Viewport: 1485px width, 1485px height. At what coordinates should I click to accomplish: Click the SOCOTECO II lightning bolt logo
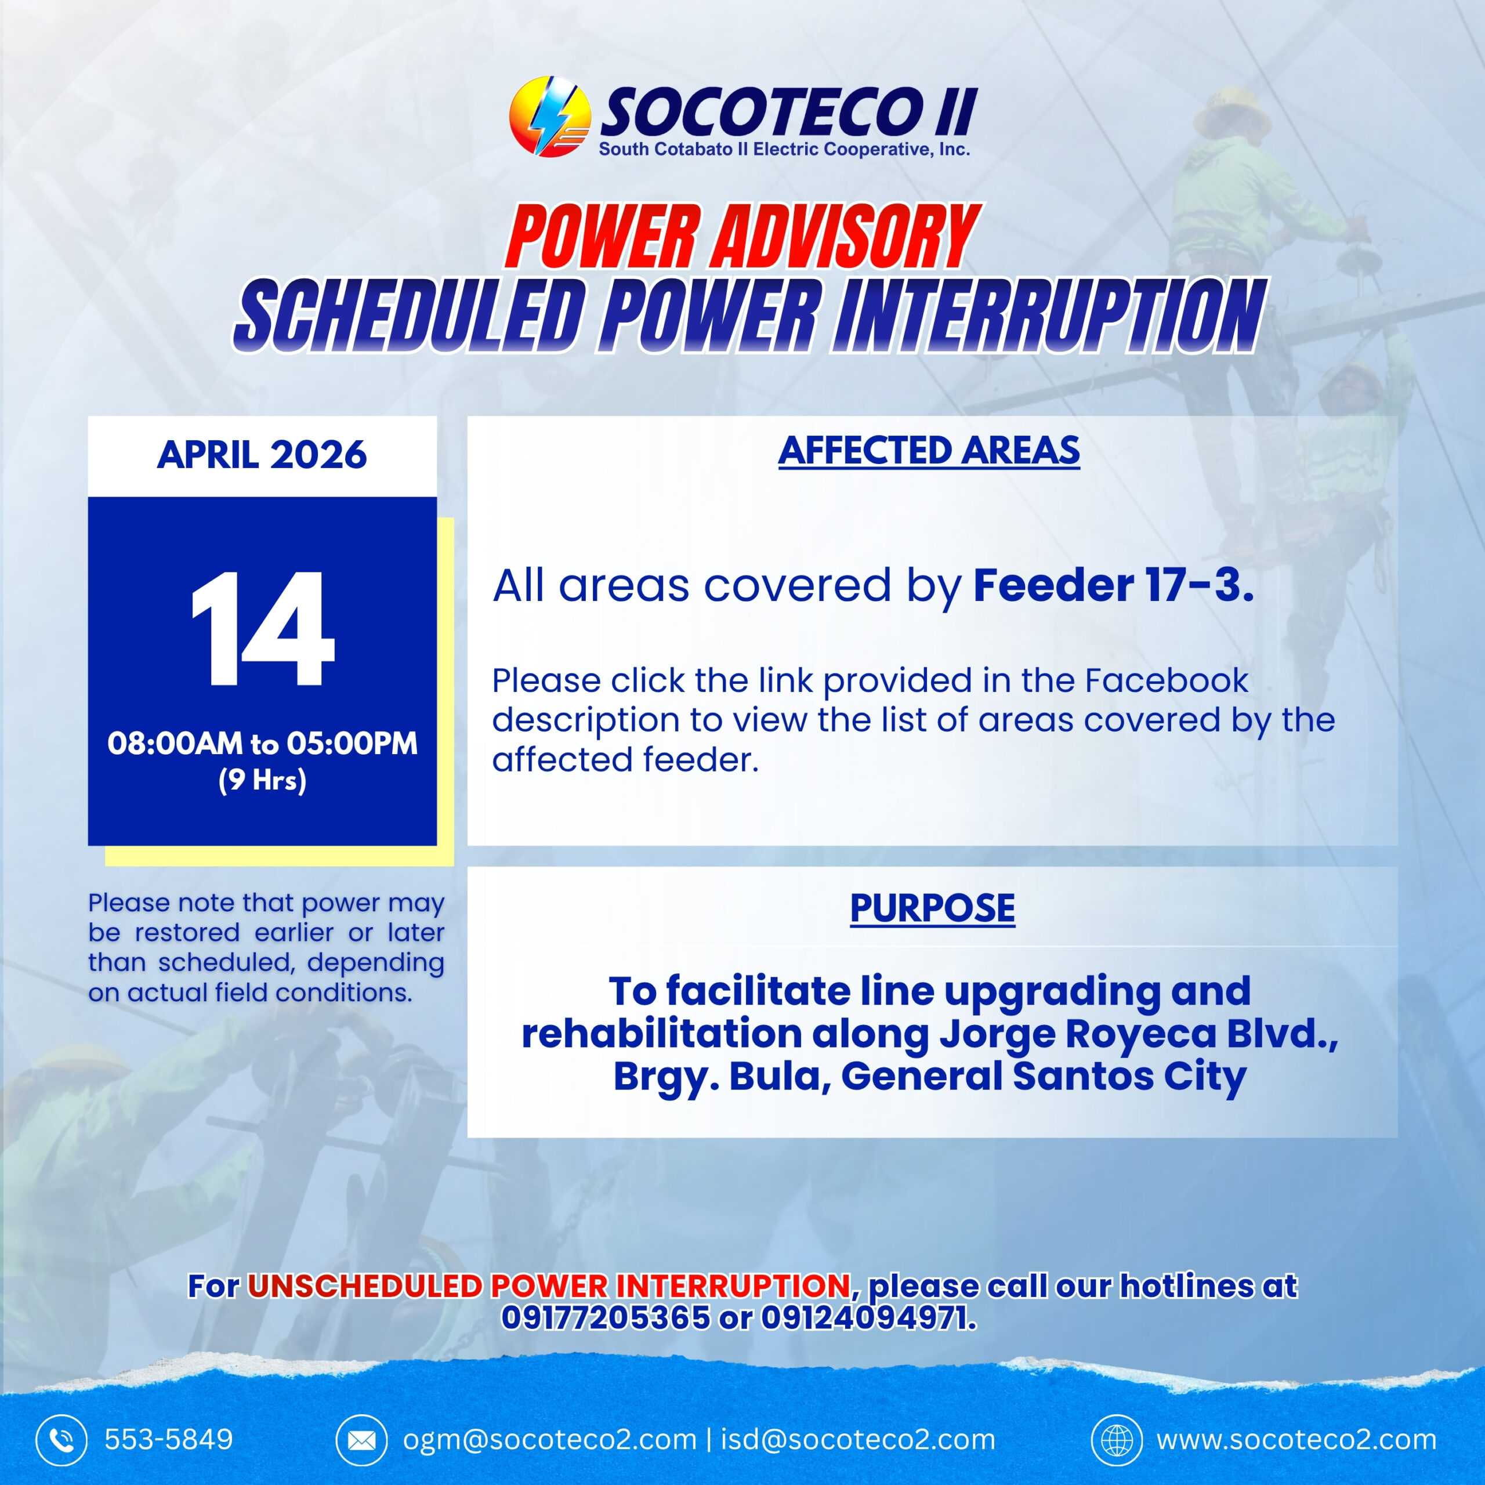[549, 116]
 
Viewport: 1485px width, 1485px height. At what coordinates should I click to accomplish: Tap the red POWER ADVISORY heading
[742, 237]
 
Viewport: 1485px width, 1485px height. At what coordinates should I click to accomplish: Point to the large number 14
[262, 629]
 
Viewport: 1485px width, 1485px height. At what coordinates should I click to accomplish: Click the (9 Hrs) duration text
[262, 780]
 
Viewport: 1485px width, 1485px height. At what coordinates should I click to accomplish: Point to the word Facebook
[1166, 680]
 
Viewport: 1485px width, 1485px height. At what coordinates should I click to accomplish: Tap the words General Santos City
[1044, 1076]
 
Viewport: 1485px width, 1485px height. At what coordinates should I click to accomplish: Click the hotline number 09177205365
[606, 1317]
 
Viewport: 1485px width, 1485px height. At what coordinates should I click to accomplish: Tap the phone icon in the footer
[61, 1440]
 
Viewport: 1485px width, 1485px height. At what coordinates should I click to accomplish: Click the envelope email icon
[361, 1440]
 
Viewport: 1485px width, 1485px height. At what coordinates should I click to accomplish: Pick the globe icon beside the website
[1117, 1440]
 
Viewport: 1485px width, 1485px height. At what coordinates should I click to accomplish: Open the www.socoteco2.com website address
[1296, 1440]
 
